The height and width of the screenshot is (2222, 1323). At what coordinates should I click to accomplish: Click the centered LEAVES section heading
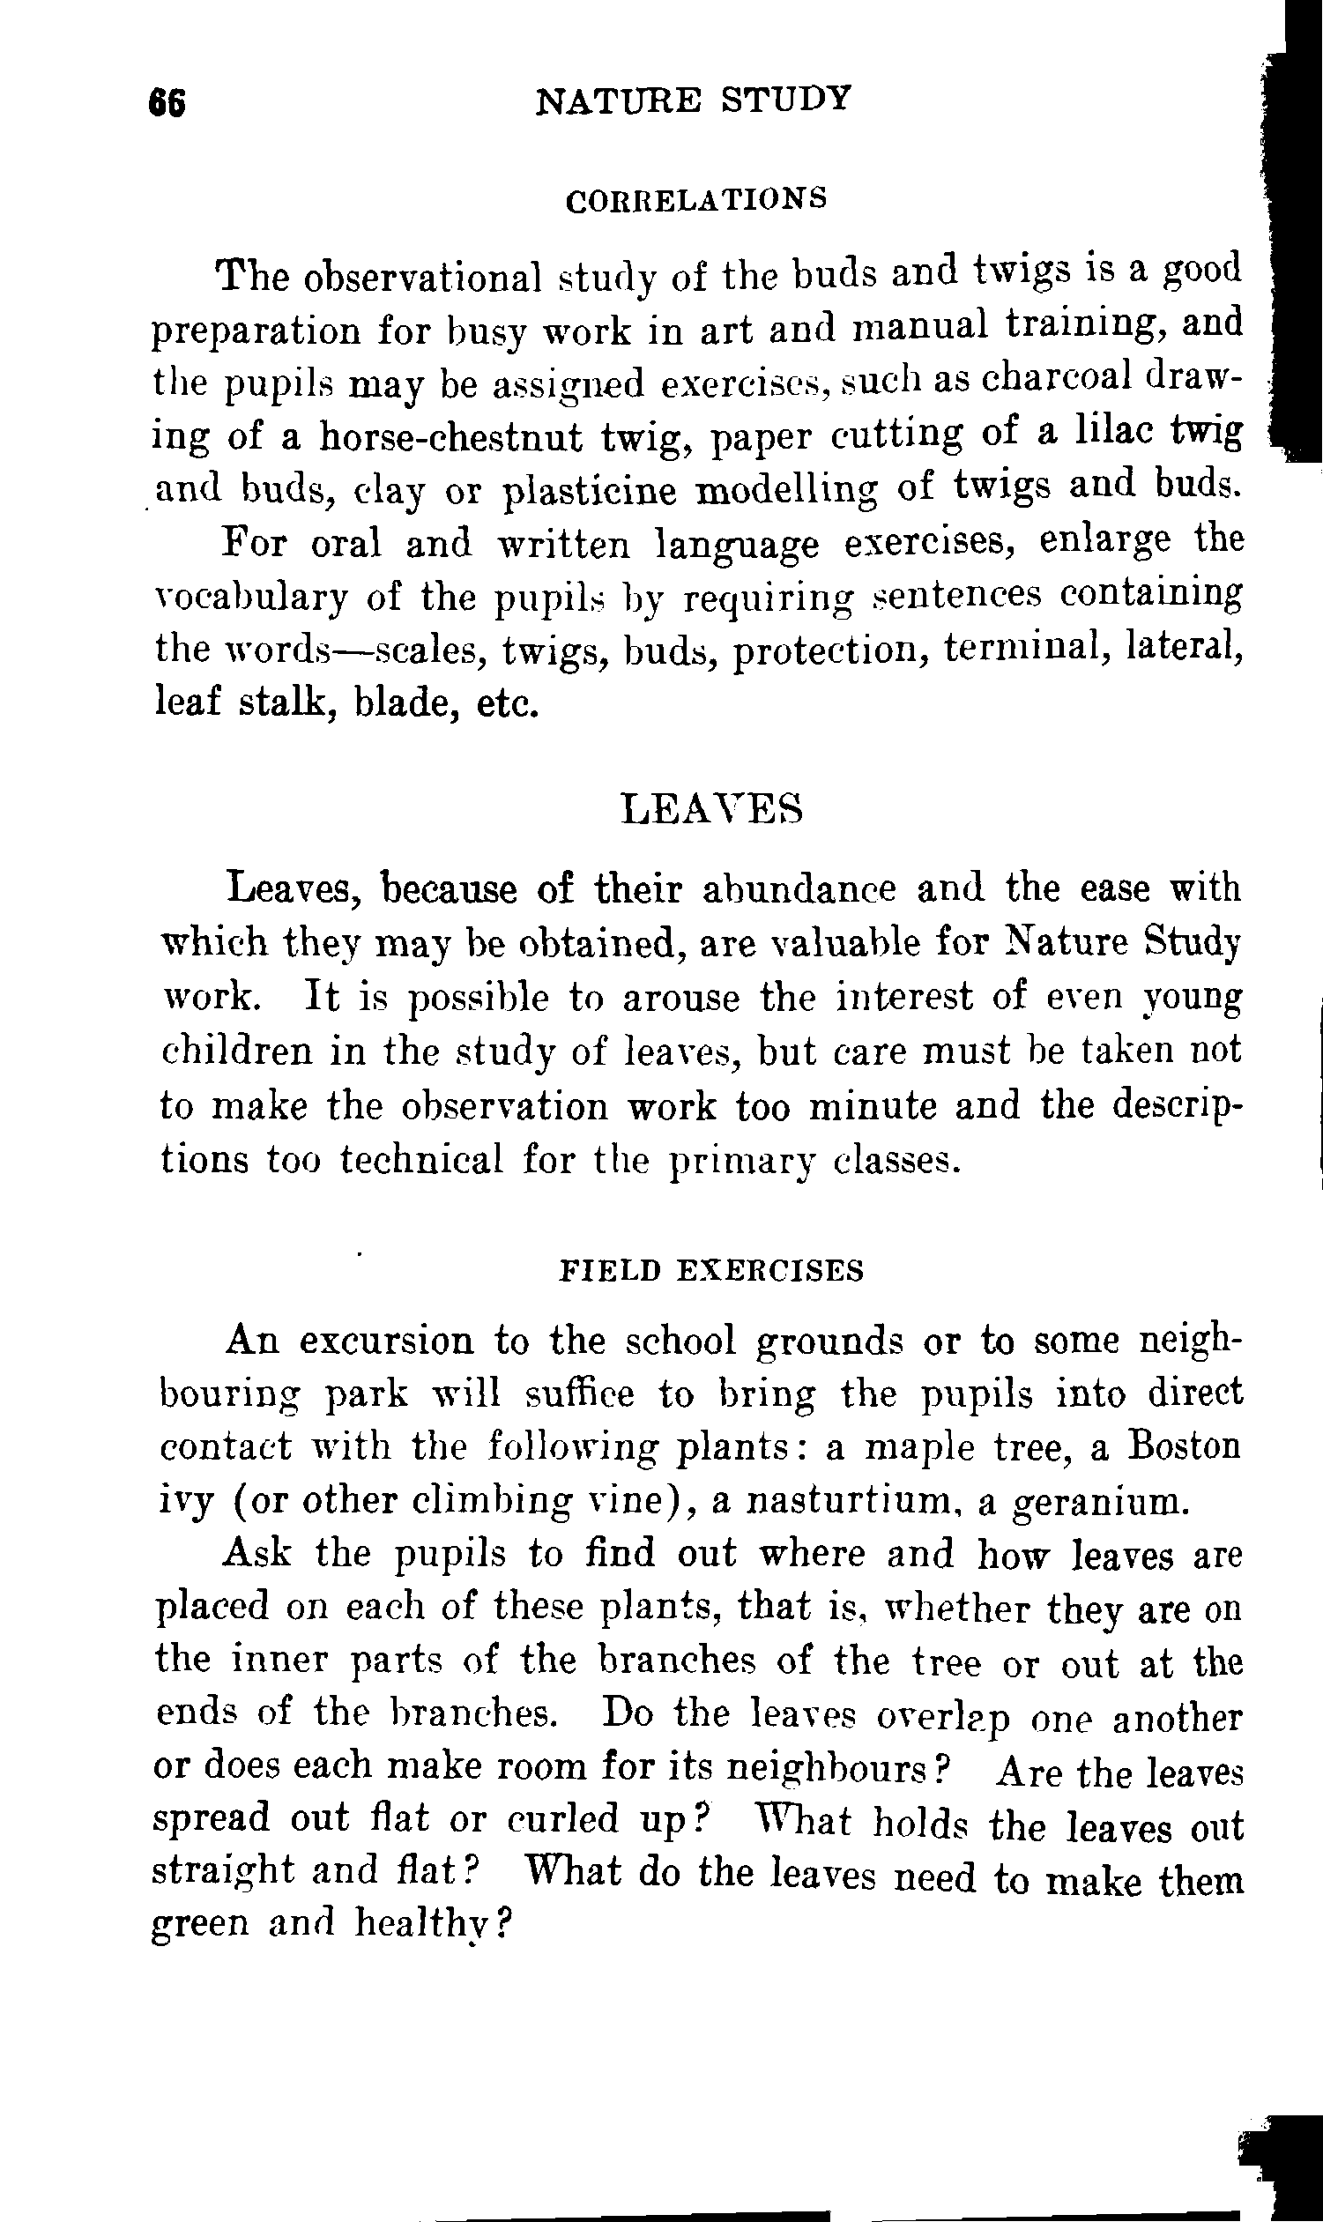[x=710, y=809]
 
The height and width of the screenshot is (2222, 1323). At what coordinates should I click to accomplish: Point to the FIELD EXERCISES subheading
[x=710, y=1270]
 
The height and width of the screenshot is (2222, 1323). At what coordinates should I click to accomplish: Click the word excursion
[x=385, y=1341]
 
